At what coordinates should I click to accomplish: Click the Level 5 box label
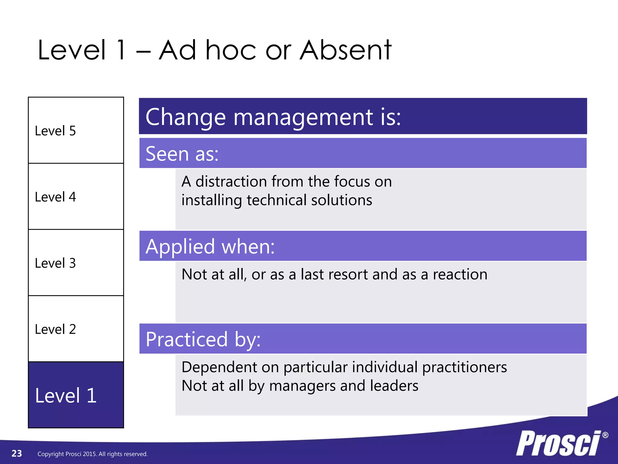click(x=55, y=131)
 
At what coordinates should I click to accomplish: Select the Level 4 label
click(x=55, y=197)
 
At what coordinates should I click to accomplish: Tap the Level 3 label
click(x=55, y=263)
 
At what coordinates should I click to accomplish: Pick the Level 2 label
click(x=55, y=329)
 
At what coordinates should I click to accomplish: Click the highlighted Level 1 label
click(x=66, y=395)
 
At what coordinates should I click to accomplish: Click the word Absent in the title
click(x=346, y=50)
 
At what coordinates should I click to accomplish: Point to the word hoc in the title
click(x=231, y=50)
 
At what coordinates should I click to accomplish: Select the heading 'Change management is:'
click(x=273, y=117)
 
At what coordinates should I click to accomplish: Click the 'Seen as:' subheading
click(x=182, y=154)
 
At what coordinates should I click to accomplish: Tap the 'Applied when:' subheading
click(x=210, y=246)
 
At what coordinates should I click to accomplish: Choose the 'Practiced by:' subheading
click(x=203, y=339)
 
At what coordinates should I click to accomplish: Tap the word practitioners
click(x=464, y=367)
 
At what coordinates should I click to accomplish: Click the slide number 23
click(x=17, y=453)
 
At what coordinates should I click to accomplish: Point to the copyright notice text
click(x=92, y=454)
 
